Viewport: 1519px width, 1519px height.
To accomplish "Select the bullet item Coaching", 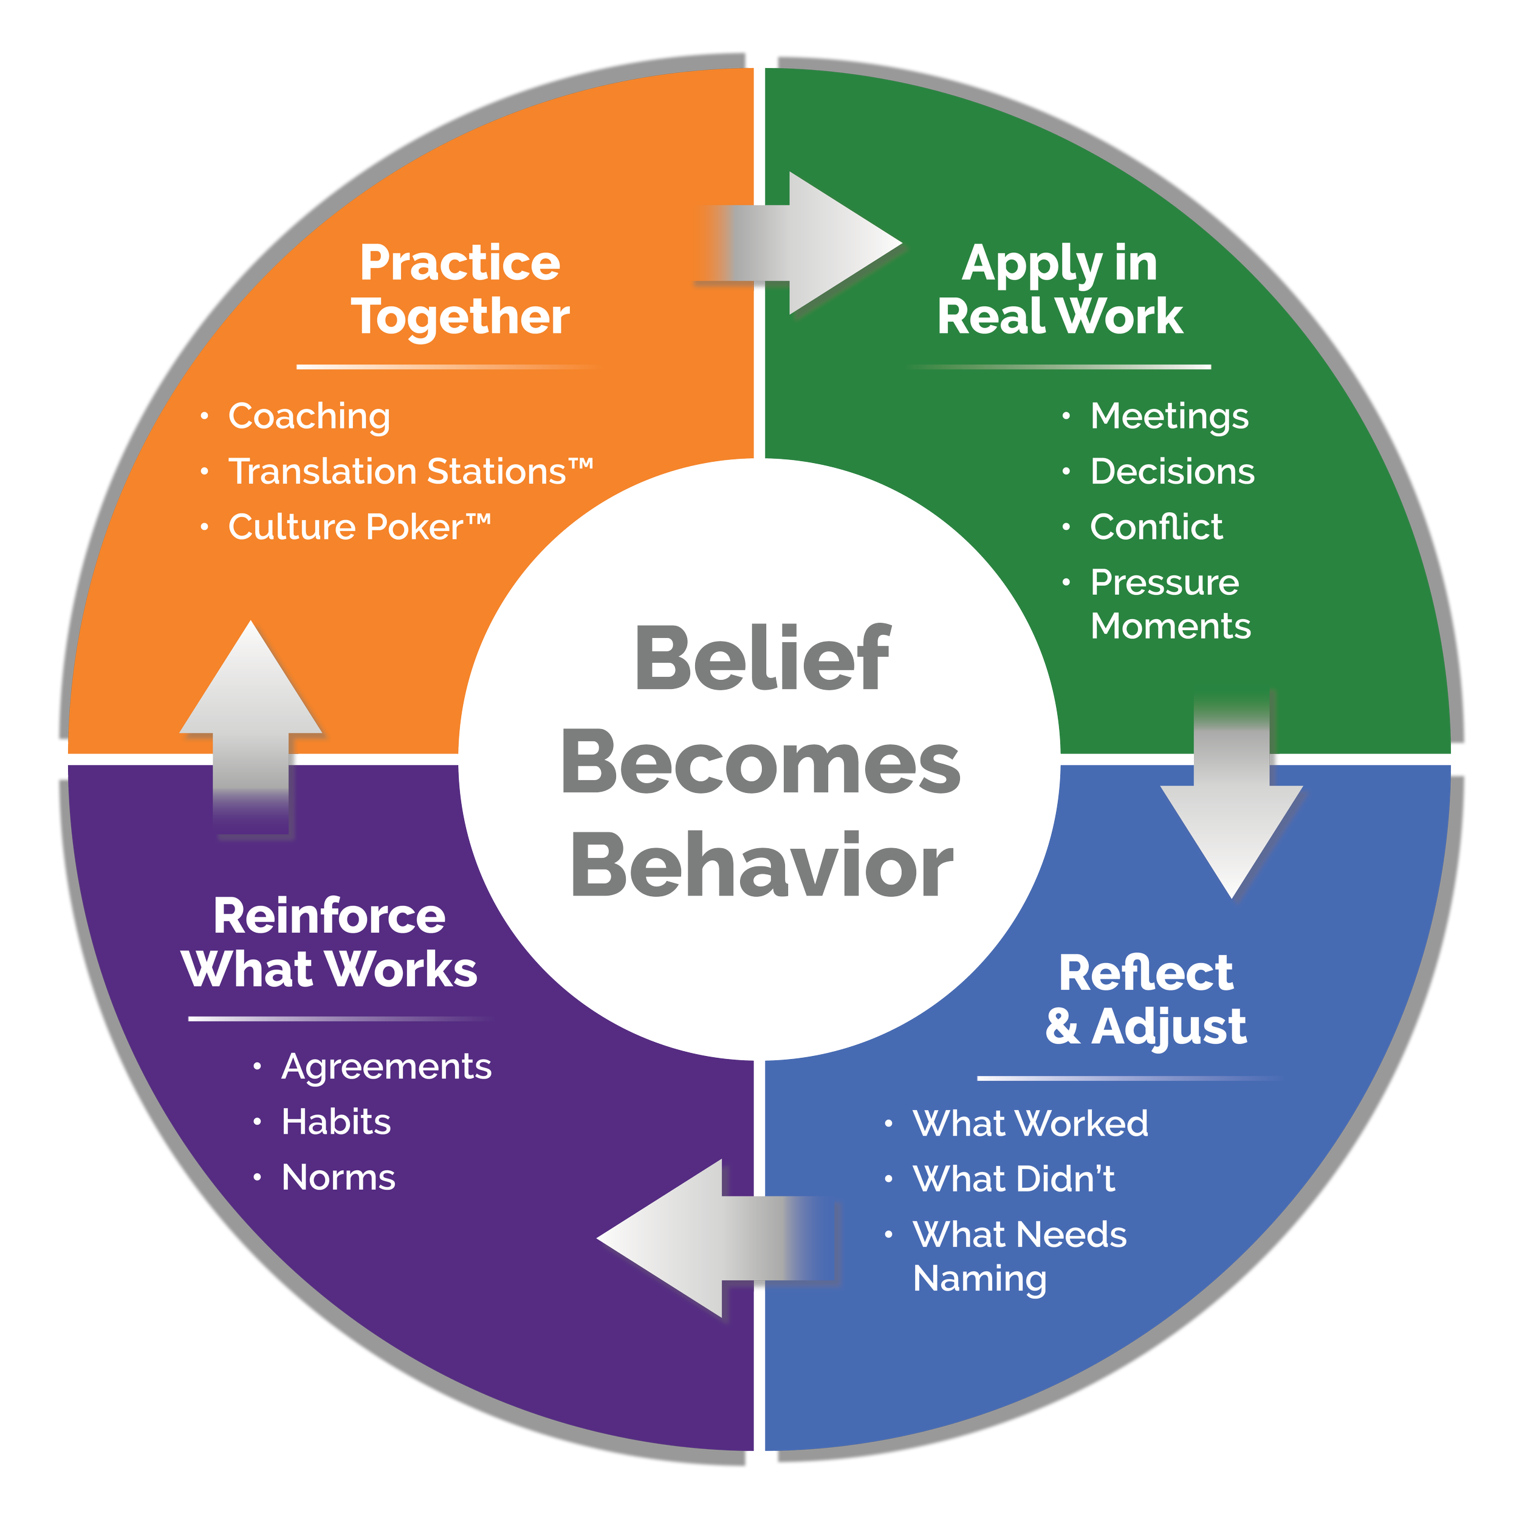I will pyautogui.click(x=309, y=416).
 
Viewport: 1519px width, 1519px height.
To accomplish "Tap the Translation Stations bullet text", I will pyautogui.click(x=410, y=471).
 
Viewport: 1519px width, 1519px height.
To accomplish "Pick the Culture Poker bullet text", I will pyautogui.click(x=358, y=527).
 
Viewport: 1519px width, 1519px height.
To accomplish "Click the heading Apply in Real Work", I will pyautogui.click(x=1059, y=289).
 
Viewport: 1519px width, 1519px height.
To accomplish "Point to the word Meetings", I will pyautogui.click(x=1169, y=416).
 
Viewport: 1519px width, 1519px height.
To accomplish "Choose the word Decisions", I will pyautogui.click(x=1172, y=471).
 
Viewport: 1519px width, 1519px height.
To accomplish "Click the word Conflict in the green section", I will pyautogui.click(x=1156, y=527).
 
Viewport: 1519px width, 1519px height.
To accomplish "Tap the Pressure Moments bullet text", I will pyautogui.click(x=1169, y=604).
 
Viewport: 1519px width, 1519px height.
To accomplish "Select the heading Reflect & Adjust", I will pyautogui.click(x=1145, y=1000).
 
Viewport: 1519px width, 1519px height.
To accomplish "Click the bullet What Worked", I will pyautogui.click(x=1030, y=1123).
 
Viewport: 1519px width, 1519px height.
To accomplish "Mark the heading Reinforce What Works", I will pyautogui.click(x=329, y=943).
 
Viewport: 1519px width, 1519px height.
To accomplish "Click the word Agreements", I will pyautogui.click(x=386, y=1067).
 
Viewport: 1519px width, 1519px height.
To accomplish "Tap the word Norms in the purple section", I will pyautogui.click(x=338, y=1178).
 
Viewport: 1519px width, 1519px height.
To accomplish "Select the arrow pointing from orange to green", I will pyautogui.click(x=810, y=244).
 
